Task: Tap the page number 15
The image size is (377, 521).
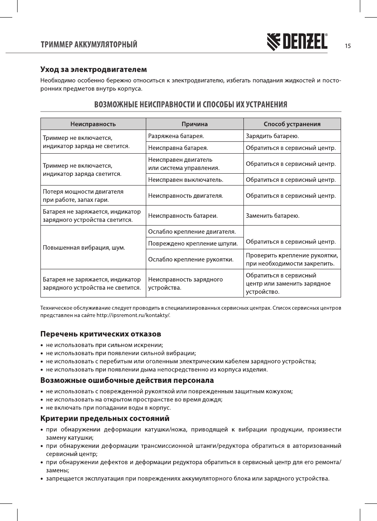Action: pyautogui.click(x=348, y=46)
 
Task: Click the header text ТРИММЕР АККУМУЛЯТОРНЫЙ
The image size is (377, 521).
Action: pyautogui.click(x=88, y=45)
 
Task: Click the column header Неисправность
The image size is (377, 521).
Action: pyautogui.click(x=93, y=124)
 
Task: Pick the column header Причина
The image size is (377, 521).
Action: pyautogui.click(x=194, y=124)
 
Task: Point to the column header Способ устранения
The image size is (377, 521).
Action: pyautogui.click(x=292, y=124)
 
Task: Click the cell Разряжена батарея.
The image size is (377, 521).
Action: pyautogui.click(x=176, y=136)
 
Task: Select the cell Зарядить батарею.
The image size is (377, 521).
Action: pyautogui.click(x=272, y=136)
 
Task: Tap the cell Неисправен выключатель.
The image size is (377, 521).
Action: pyautogui.click(x=185, y=179)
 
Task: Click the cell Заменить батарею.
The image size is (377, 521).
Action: pyautogui.click(x=273, y=215)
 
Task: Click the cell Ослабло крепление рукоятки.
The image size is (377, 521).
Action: pyautogui.click(x=191, y=259)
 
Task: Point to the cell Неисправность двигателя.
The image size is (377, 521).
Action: pyautogui.click(x=185, y=196)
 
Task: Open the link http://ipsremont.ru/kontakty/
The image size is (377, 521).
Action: pyautogui.click(x=132, y=315)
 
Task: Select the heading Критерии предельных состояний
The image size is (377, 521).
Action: pyautogui.click(x=105, y=419)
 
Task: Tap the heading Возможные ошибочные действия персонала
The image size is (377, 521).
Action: pyautogui.click(x=127, y=380)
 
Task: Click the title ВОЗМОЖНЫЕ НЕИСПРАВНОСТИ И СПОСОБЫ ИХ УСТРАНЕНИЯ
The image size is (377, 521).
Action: pyautogui.click(x=190, y=104)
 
